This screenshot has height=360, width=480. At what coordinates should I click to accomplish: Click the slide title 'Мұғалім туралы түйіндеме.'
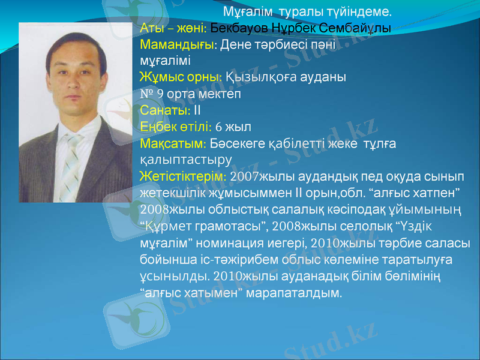(307, 11)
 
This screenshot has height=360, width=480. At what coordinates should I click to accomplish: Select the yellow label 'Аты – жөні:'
(173, 28)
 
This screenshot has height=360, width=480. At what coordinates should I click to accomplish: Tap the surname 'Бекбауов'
(235, 28)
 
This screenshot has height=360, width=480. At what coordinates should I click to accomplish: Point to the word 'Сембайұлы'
(358, 28)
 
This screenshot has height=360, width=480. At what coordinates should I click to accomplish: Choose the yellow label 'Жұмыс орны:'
(181, 78)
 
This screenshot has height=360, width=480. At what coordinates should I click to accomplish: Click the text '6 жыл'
(233, 127)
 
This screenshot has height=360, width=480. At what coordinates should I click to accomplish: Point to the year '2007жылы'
(260, 177)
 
